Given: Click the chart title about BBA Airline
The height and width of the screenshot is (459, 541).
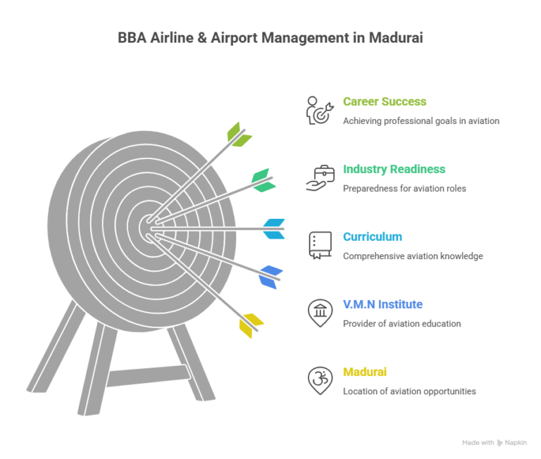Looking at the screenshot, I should [x=270, y=38].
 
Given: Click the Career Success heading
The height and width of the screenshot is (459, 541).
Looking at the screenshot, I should [x=385, y=102].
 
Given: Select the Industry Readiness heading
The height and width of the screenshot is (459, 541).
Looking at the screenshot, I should [x=394, y=170].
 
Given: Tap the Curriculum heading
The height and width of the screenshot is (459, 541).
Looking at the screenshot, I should [x=373, y=237].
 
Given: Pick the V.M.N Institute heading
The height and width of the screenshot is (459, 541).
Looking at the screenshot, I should [x=383, y=305].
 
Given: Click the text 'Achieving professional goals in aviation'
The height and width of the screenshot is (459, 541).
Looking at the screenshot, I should [x=421, y=121].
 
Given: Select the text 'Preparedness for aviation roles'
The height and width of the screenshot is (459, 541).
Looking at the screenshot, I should [x=404, y=189].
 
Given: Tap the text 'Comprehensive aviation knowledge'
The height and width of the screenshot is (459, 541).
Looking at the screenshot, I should [x=413, y=256].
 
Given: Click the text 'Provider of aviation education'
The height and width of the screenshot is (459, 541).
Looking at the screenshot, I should [x=402, y=324].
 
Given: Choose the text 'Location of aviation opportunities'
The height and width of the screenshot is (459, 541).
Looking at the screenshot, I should [x=409, y=391].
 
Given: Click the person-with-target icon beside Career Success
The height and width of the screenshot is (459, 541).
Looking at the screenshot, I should [x=318, y=111].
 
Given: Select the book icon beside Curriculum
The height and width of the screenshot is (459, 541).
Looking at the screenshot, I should [x=318, y=245].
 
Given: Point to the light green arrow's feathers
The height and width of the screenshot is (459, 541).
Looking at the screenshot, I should [x=238, y=134].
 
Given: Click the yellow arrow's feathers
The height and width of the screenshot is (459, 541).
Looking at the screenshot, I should [x=251, y=325].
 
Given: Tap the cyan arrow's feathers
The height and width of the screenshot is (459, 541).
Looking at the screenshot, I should [x=275, y=228].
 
